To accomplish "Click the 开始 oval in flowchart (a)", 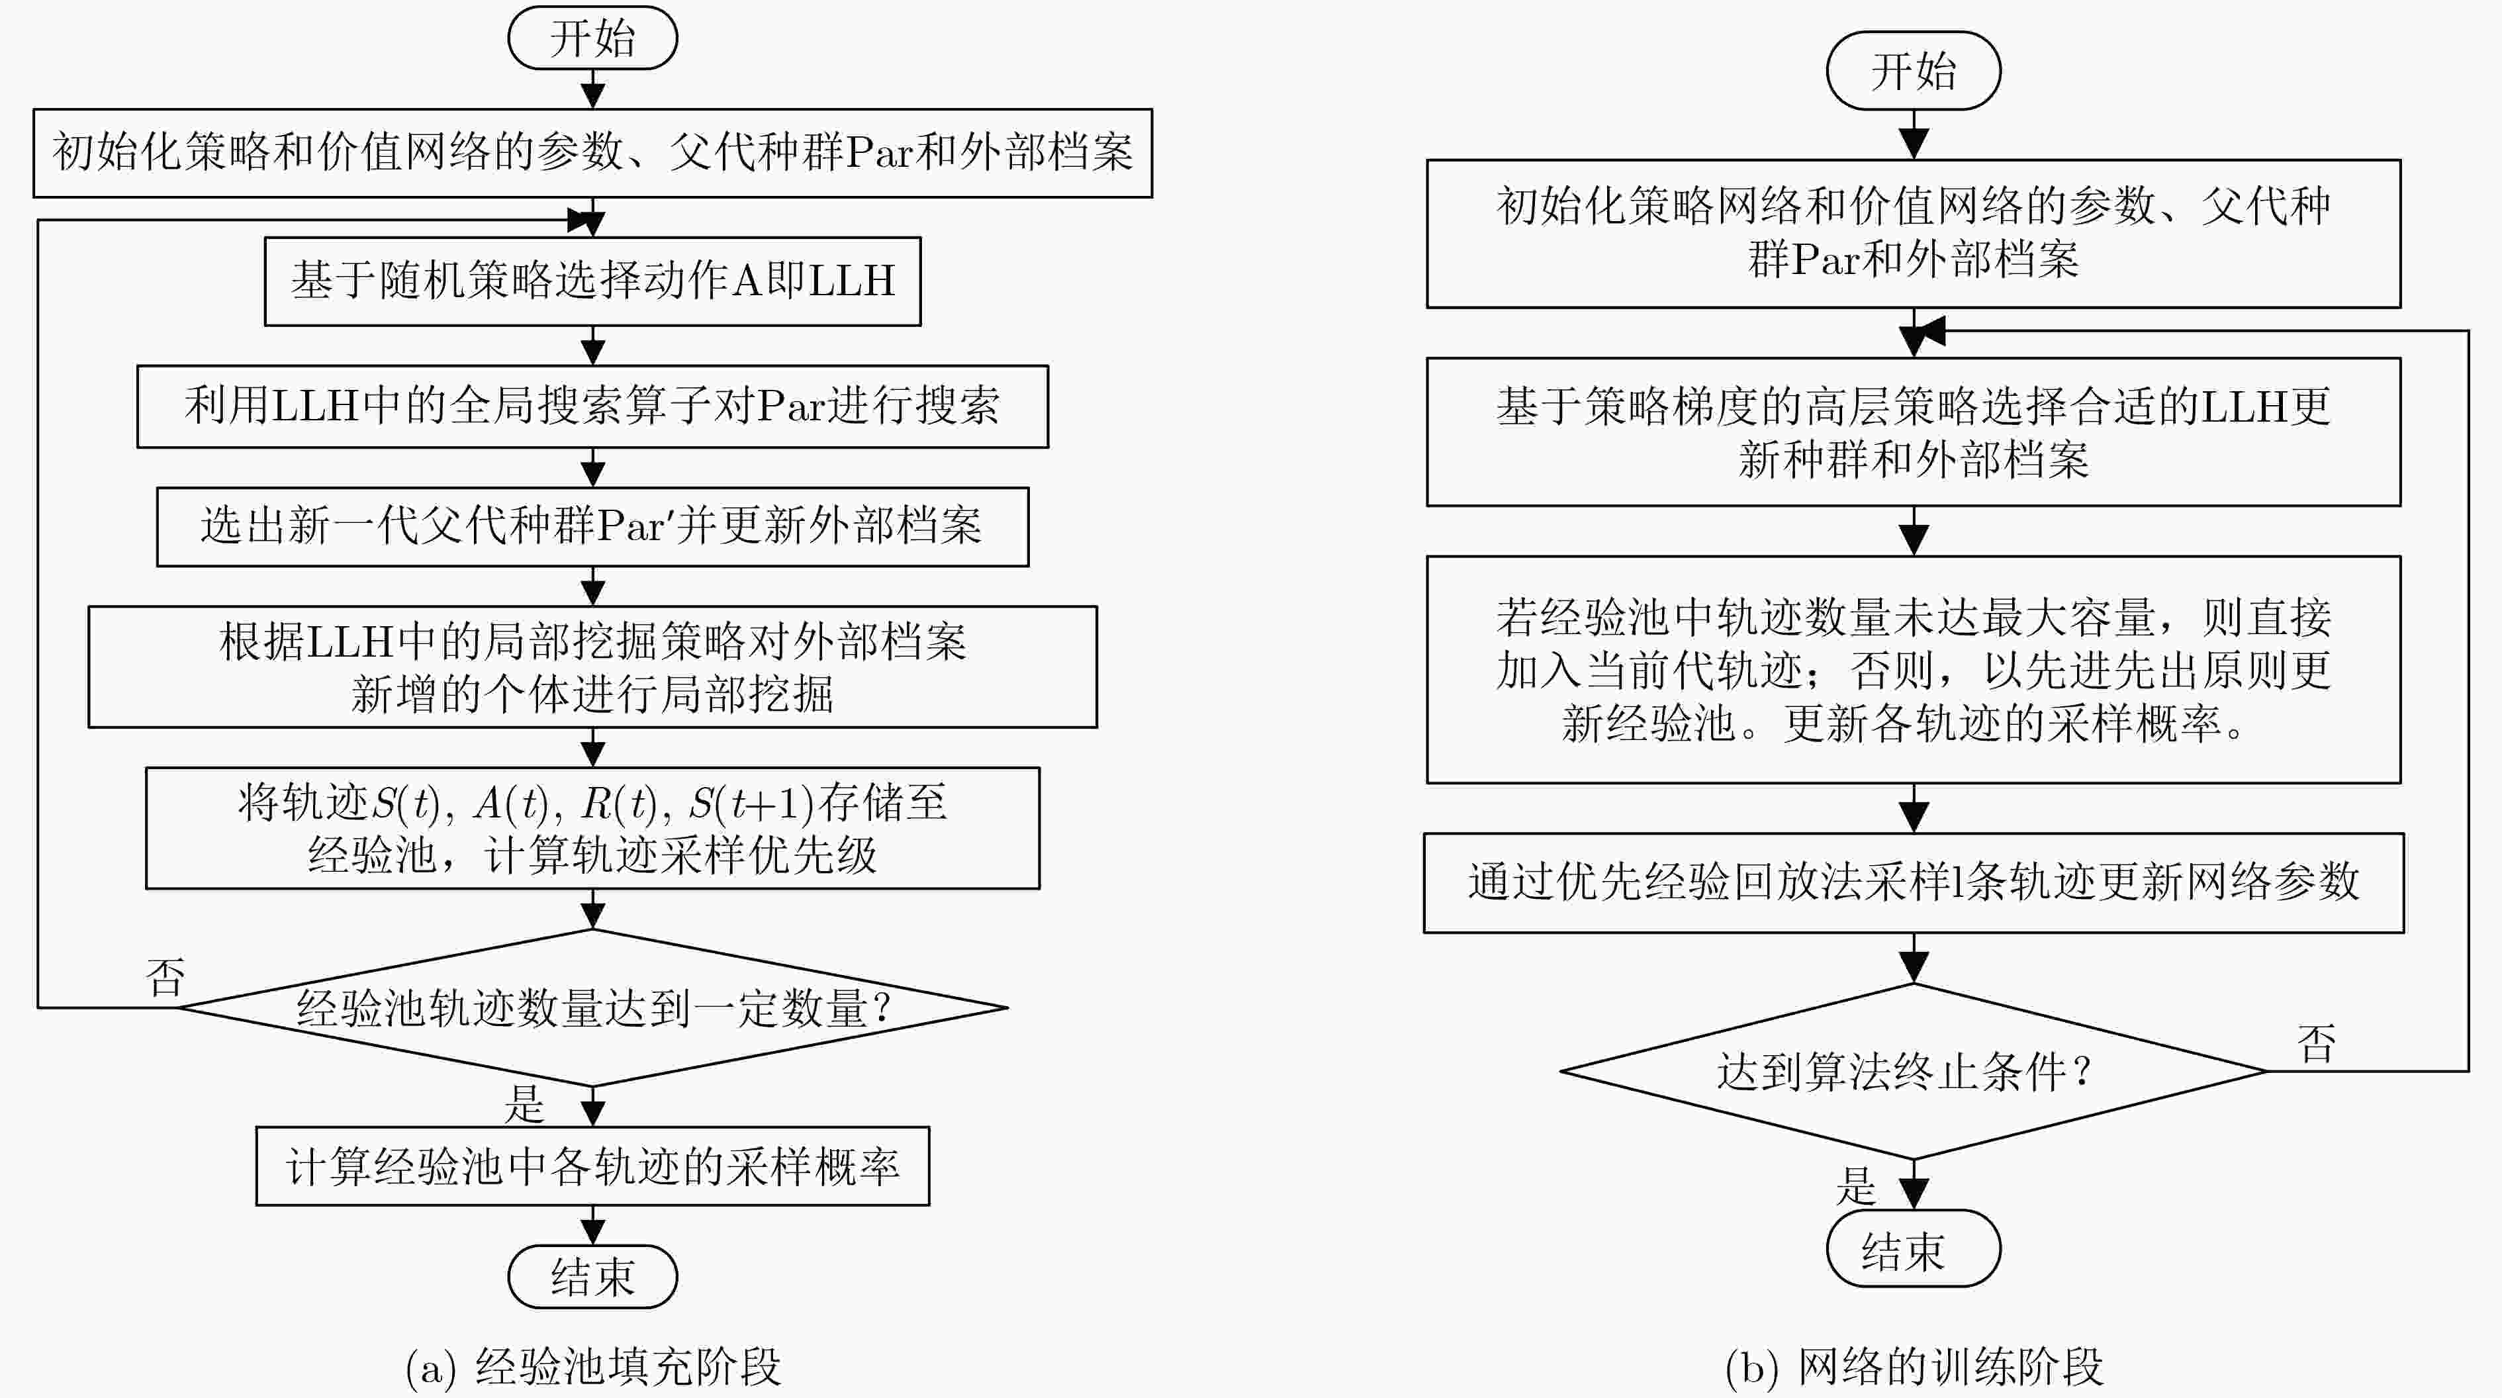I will pos(592,38).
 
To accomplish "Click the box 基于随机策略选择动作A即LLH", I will pos(592,281).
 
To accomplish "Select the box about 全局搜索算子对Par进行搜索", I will pos(592,406).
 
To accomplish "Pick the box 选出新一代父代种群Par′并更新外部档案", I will pos(592,526).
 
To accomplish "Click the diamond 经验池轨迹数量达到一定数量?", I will pos(592,1007).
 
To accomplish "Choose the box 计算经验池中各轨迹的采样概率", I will pos(592,1166).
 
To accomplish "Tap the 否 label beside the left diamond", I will pos(165,976).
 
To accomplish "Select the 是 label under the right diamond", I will pos(1855,1186).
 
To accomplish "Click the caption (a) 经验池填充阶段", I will pos(592,1367).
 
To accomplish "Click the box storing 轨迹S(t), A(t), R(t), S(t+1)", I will pos(592,827).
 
